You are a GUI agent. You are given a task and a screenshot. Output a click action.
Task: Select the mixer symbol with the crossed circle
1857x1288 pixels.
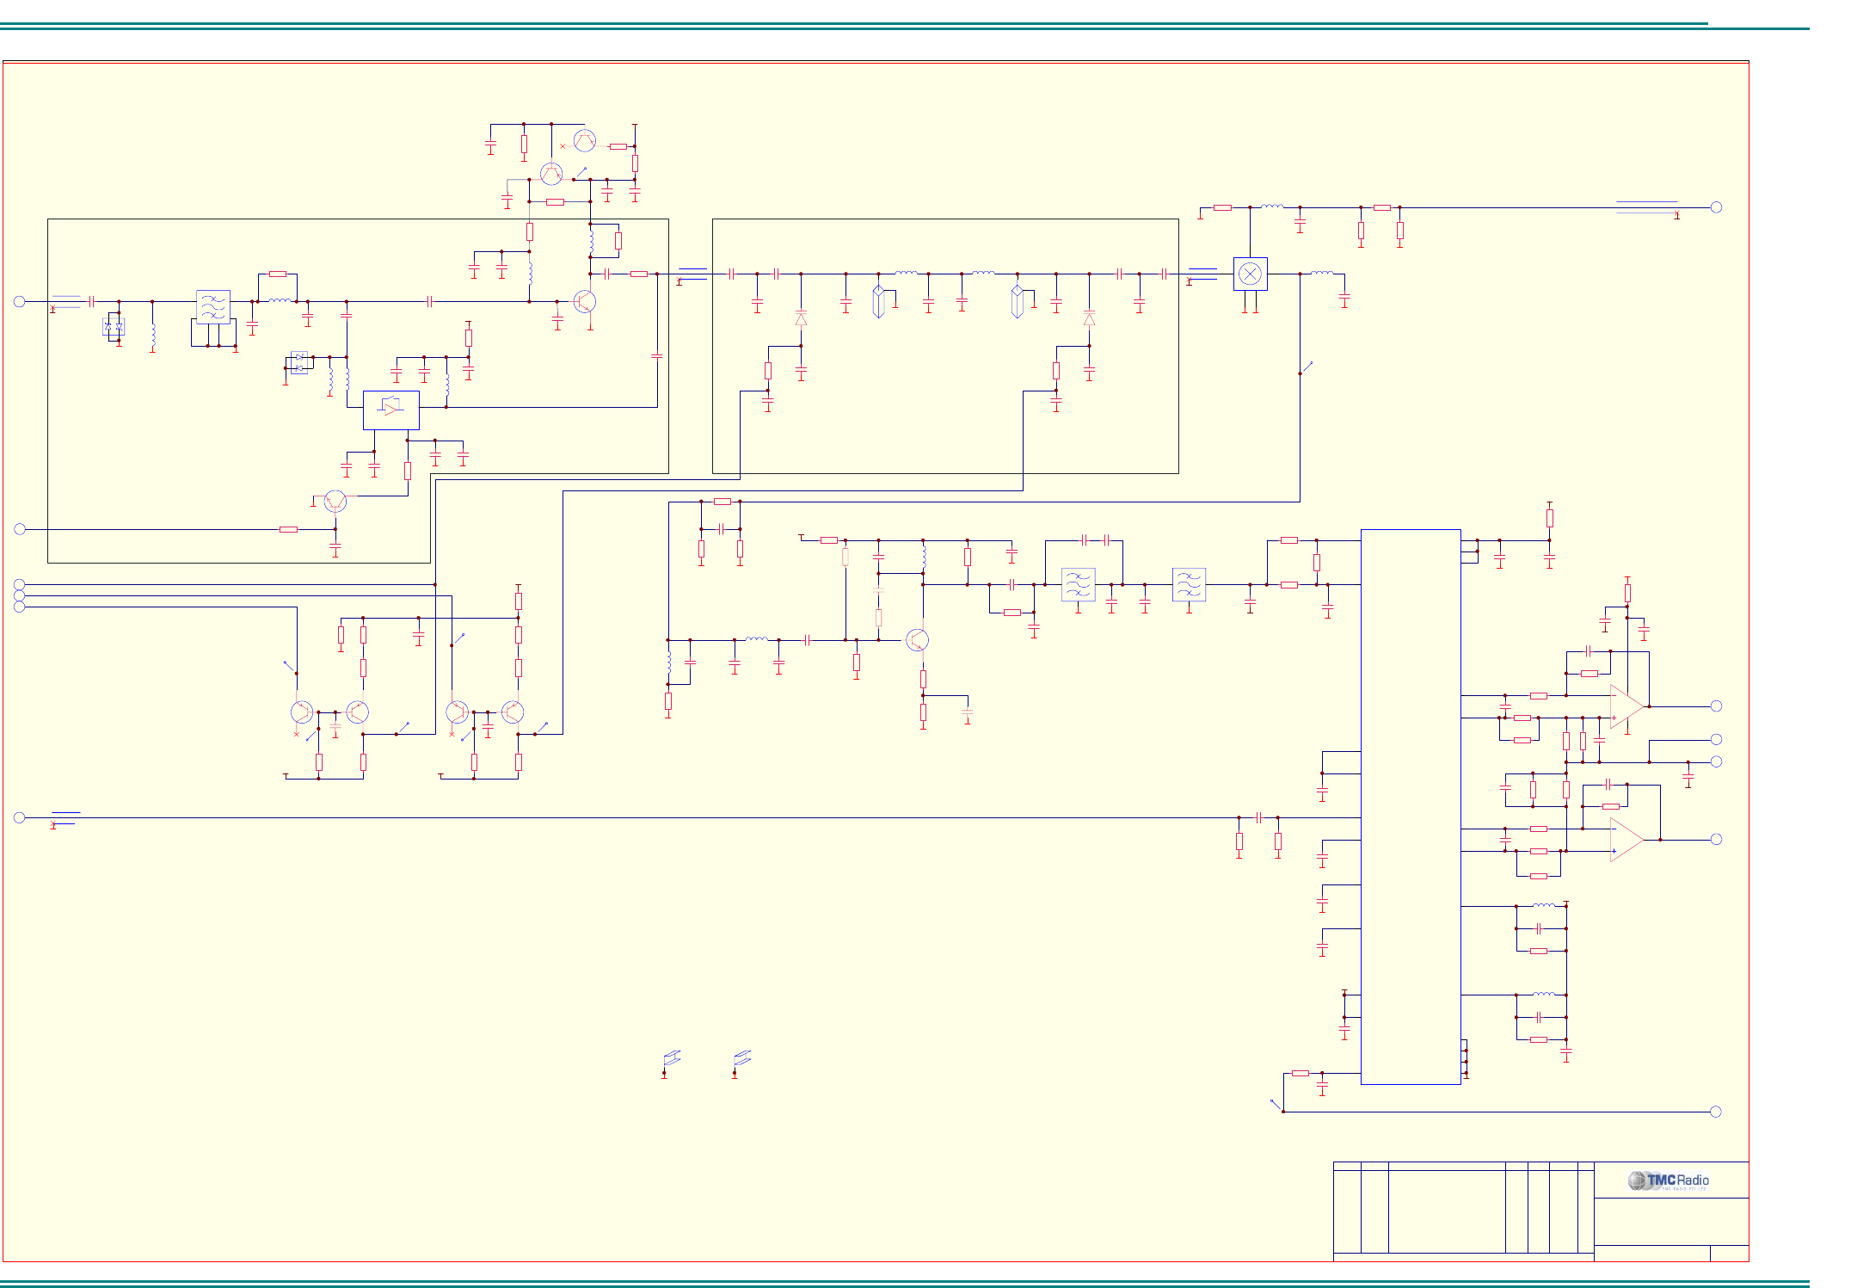tap(1250, 274)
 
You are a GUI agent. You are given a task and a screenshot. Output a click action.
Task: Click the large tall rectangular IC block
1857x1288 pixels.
tap(1410, 806)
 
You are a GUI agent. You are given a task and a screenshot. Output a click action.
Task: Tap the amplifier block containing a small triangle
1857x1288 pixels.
tap(390, 410)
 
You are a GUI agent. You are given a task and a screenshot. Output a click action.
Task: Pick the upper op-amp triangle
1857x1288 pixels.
tap(1626, 706)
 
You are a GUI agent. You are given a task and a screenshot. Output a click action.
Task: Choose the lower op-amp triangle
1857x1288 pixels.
tap(1626, 840)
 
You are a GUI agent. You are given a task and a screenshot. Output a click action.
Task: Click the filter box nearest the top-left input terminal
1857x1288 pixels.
tap(212, 306)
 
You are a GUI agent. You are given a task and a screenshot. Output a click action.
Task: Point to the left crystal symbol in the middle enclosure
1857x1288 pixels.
tap(878, 301)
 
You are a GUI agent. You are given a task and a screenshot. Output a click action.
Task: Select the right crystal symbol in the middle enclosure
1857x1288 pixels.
tap(1017, 301)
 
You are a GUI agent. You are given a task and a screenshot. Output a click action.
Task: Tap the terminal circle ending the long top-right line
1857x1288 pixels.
tap(1716, 207)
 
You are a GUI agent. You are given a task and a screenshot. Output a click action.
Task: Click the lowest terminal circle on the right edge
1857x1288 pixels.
tap(1715, 1112)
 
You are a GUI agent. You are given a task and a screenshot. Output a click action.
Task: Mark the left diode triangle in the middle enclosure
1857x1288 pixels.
tap(801, 319)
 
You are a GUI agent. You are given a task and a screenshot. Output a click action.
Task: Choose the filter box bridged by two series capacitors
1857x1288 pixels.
tap(1078, 584)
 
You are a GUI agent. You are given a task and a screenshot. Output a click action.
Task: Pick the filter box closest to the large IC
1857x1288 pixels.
tap(1189, 584)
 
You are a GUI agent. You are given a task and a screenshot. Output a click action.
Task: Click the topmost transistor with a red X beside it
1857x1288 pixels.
tap(584, 139)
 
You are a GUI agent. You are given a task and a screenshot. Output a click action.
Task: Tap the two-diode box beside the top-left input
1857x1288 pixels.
tap(114, 326)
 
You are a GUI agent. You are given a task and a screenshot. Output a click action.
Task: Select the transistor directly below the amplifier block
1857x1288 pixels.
tap(335, 501)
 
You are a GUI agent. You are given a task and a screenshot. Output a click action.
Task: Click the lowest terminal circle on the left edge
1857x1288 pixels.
tap(19, 817)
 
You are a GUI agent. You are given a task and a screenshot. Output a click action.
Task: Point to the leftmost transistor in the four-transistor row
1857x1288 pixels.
tap(301, 712)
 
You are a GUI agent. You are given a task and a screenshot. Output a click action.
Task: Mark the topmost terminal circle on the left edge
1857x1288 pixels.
tap(19, 301)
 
